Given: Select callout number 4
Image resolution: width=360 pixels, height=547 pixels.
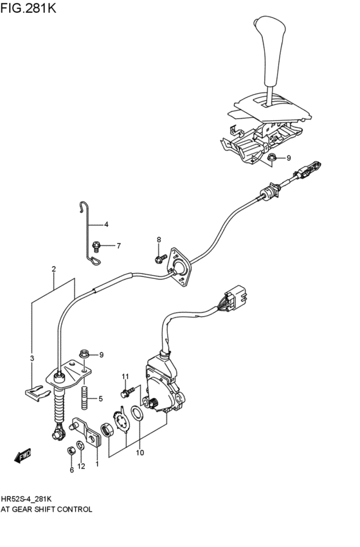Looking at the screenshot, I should point(106,224).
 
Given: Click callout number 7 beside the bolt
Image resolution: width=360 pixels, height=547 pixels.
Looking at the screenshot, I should point(118,246).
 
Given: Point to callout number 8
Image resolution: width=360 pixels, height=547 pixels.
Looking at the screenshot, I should point(159,240).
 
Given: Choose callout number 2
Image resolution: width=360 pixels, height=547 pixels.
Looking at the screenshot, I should point(54,269).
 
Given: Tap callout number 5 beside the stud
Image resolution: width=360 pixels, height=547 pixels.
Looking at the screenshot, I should point(100,399).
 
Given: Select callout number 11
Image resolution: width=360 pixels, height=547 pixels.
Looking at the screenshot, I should point(126,376).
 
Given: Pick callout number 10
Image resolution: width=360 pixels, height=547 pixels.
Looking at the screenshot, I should point(139,453).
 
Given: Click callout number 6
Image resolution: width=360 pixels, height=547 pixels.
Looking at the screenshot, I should point(71,470).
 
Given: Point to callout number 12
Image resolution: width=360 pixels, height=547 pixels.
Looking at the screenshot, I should point(81,466).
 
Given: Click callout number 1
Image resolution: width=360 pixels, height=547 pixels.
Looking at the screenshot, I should point(97,463).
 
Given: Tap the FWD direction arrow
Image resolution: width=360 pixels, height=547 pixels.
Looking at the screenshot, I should point(23,457).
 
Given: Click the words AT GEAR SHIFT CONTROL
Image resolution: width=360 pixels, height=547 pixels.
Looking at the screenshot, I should point(46,509).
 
